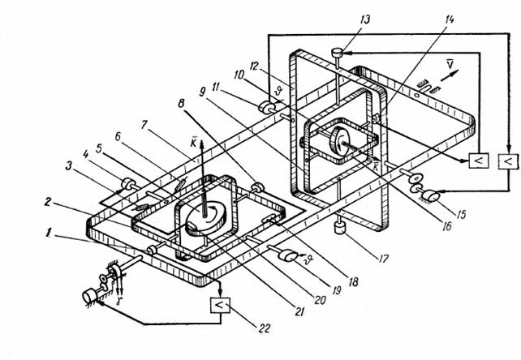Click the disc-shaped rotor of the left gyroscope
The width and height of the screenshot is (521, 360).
202,216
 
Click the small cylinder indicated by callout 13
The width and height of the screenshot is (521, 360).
337,54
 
